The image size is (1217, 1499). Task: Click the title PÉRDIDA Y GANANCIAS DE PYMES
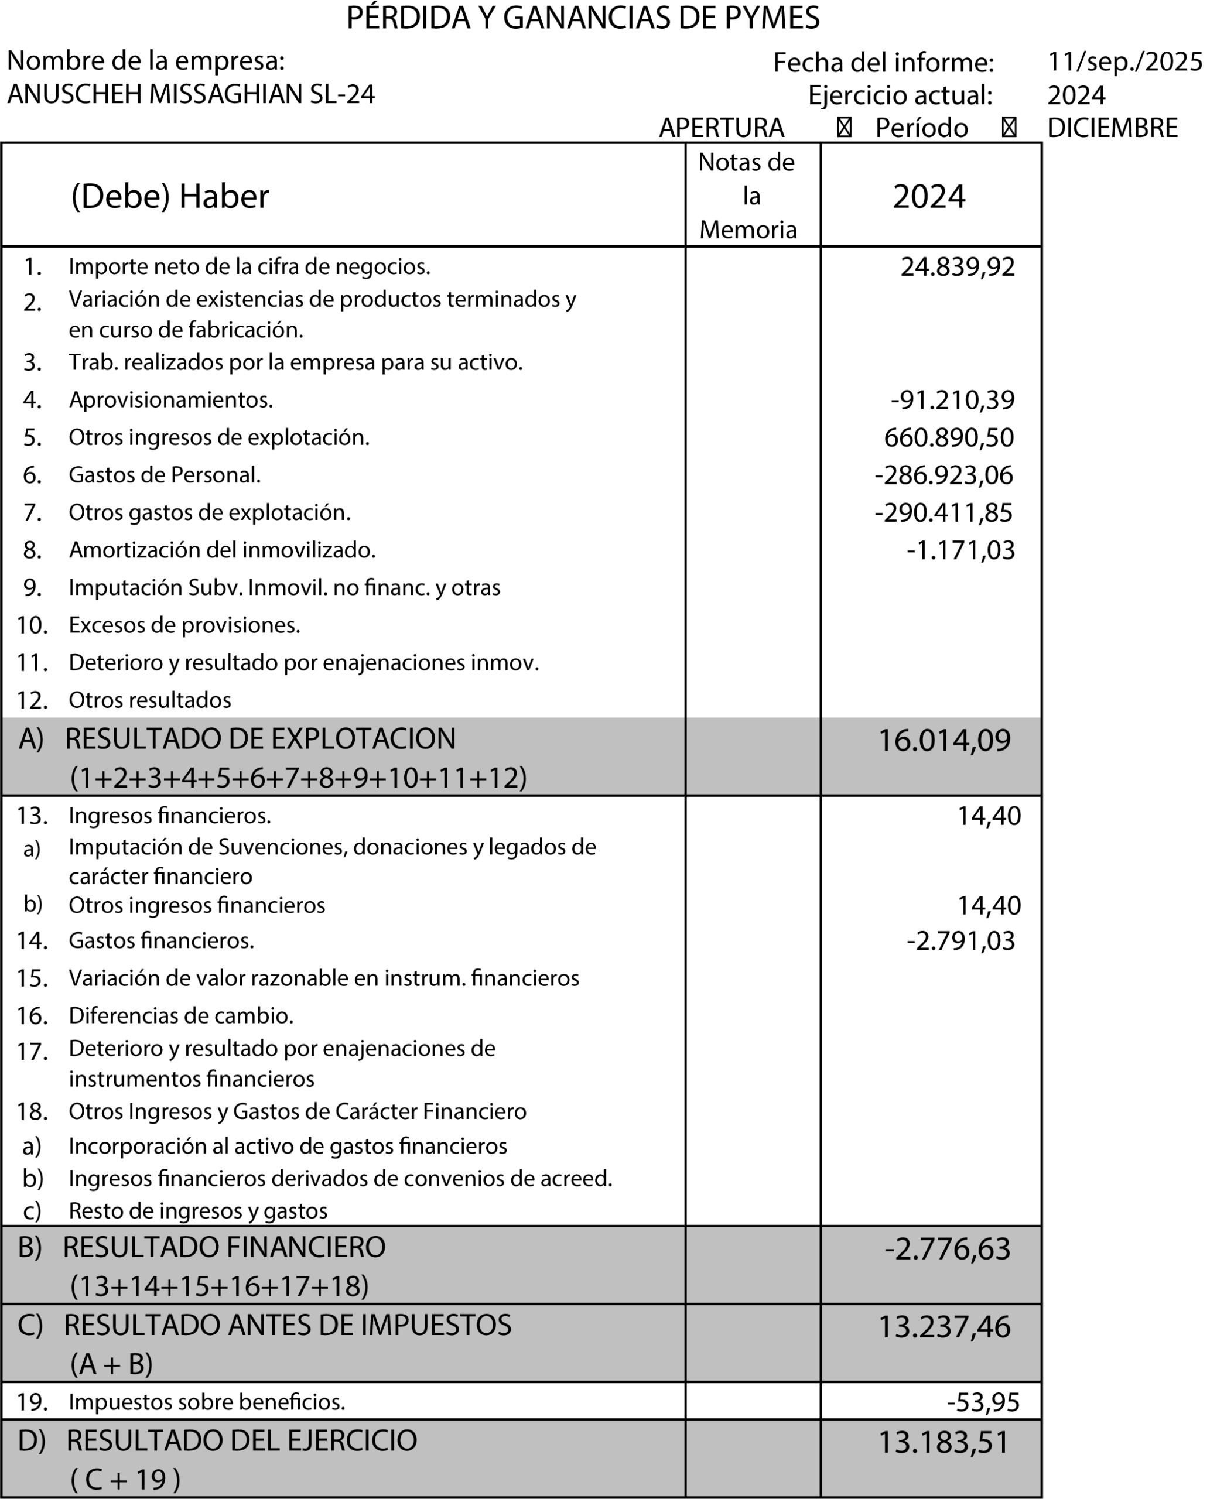click(x=583, y=18)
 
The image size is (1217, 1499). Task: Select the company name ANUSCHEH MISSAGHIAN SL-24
click(x=191, y=94)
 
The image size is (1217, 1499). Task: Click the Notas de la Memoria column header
click(x=748, y=196)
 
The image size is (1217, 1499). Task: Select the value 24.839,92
click(x=957, y=266)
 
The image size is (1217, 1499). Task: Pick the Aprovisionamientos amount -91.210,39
click(x=952, y=399)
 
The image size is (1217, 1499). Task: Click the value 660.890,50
click(x=949, y=437)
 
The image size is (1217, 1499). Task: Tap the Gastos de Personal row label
click(x=165, y=475)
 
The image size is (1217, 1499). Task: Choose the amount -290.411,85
click(x=943, y=512)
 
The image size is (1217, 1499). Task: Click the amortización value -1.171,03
click(x=960, y=550)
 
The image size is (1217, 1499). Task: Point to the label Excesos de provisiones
click(x=184, y=625)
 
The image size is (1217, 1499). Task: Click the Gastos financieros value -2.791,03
click(x=960, y=940)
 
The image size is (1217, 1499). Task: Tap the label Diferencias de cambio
click(x=181, y=1015)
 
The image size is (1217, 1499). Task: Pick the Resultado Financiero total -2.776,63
click(x=947, y=1249)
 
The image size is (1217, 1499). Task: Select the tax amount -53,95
click(x=983, y=1402)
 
